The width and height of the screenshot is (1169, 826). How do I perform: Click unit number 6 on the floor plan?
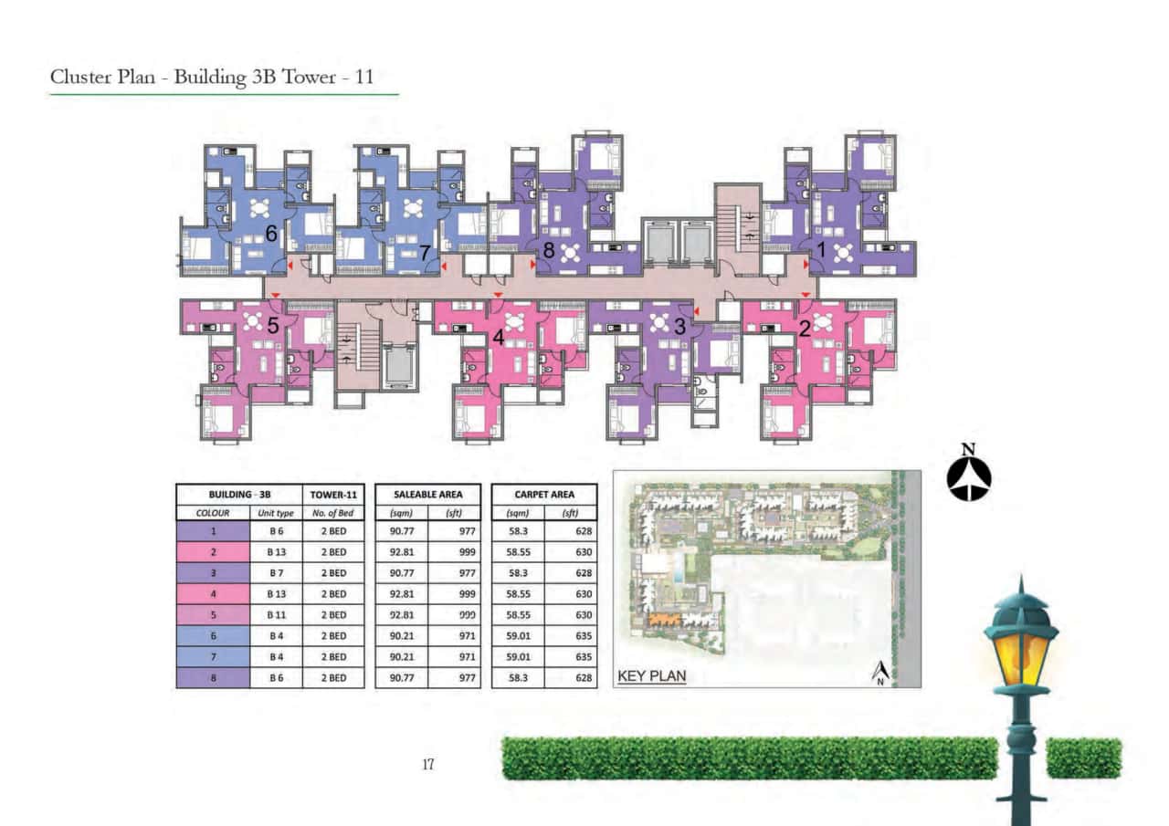pos(271,235)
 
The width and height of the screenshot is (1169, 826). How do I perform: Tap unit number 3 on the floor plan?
pos(679,326)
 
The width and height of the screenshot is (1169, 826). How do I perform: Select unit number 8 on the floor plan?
pos(549,248)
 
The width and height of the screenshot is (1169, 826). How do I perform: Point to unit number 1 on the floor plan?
pos(820,248)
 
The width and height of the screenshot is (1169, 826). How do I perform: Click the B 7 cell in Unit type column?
pos(276,573)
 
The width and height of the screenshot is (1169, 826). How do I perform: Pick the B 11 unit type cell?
pos(276,615)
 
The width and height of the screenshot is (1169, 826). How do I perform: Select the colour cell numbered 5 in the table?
pos(213,615)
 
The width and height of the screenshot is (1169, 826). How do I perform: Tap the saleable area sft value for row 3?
pos(454,573)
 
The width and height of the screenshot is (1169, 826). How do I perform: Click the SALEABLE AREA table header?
pos(427,494)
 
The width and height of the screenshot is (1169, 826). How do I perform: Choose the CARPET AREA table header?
pos(544,494)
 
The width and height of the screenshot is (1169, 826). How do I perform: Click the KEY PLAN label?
pos(652,676)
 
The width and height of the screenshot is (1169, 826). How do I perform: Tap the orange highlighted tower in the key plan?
pos(663,619)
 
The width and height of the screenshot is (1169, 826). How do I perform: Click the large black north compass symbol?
pos(969,475)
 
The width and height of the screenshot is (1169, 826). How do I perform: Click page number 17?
pos(427,765)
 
